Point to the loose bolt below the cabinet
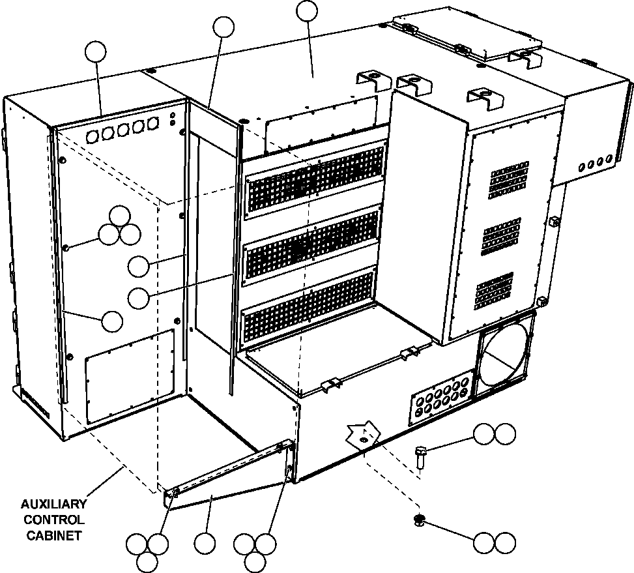click(x=420, y=454)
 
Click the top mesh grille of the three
click(x=315, y=179)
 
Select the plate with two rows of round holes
click(x=440, y=399)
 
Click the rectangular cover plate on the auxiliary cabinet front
click(x=130, y=376)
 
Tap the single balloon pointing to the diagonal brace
click(x=204, y=544)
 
